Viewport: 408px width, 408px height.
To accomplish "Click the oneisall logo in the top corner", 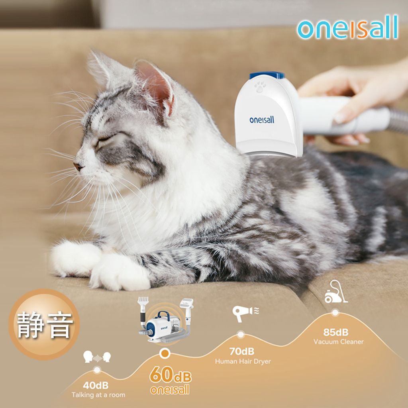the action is tap(347, 27).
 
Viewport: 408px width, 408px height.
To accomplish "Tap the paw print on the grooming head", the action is tap(260, 86).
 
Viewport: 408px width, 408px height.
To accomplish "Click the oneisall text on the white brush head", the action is tap(262, 120).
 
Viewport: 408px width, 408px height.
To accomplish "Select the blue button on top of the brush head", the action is tap(267, 75).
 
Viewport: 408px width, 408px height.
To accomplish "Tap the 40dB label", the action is tap(96, 385).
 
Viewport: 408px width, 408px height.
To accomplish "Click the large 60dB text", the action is tap(171, 375).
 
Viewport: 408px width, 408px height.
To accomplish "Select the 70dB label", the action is tap(242, 351).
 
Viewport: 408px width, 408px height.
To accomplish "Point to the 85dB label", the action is tap(335, 332).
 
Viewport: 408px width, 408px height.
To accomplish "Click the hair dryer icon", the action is tap(245, 313).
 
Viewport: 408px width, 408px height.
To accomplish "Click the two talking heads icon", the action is tap(97, 357).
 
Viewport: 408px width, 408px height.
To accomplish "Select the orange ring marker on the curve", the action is tap(165, 353).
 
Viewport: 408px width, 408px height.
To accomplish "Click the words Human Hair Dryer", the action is tap(243, 361).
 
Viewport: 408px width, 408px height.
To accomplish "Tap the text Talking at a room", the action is tap(98, 395).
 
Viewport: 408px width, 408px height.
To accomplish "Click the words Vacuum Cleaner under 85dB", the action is tap(338, 341).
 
